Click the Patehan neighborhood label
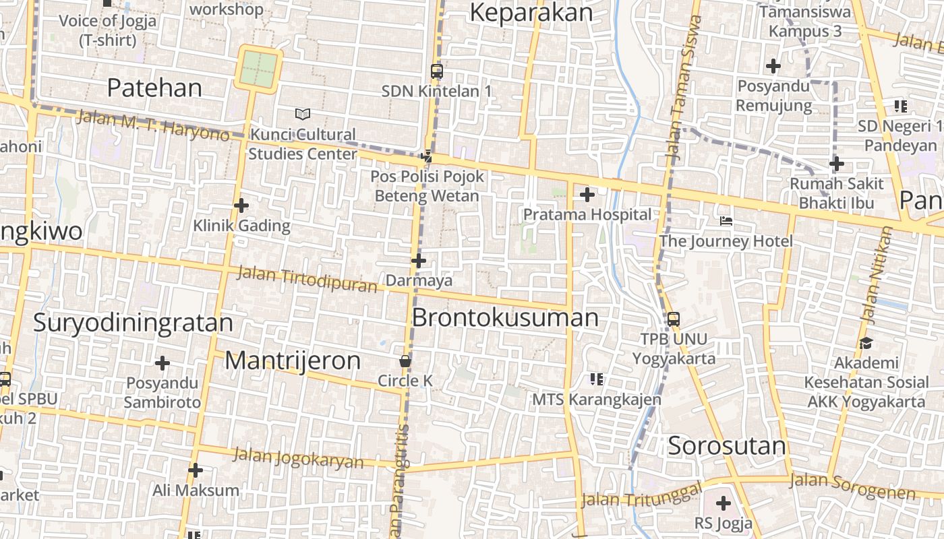coord(154,88)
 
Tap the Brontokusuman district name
coord(505,317)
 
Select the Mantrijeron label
coord(293,360)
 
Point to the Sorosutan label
coord(727,446)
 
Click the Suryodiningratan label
coord(133,323)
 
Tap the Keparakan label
coord(531,12)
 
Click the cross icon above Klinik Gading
coord(241,205)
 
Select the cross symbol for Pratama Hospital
coord(587,195)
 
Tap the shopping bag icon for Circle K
coord(405,362)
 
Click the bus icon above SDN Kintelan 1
coord(437,71)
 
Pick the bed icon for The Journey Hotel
coord(726,221)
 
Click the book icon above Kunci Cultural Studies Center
coord(303,115)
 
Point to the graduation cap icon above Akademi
coord(866,344)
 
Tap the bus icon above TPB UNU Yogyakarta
coord(673,319)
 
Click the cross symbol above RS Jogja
coord(724,503)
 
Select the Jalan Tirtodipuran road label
coord(307,280)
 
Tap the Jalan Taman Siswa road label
coord(684,88)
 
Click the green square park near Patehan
coord(258,69)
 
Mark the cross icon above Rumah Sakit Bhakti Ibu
coord(837,164)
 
